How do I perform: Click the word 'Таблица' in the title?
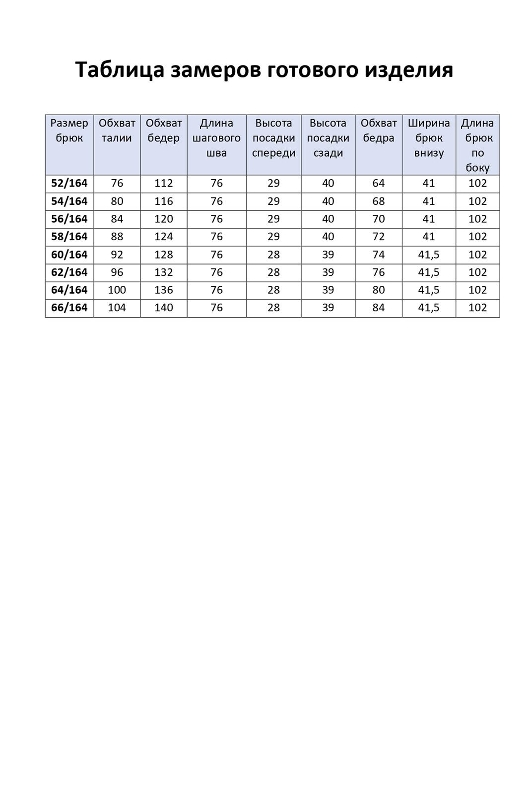[119, 69]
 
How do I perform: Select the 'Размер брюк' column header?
[69, 131]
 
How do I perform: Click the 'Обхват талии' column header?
[117, 131]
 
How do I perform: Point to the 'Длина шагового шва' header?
[216, 137]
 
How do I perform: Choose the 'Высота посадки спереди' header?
[273, 137]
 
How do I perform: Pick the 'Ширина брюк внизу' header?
[429, 137]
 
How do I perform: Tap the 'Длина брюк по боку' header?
[477, 145]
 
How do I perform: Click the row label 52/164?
[69, 183]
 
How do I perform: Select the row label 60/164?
[69, 255]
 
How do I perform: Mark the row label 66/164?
[69, 308]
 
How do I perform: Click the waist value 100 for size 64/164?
[117, 290]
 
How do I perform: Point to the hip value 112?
[163, 183]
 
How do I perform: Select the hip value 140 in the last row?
[163, 308]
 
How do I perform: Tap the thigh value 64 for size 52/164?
[378, 183]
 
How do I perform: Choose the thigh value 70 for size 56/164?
[378, 219]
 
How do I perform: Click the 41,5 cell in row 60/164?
[429, 255]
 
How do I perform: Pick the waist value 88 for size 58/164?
[117, 237]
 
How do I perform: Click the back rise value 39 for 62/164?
[328, 272]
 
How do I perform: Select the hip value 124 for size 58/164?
[163, 237]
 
